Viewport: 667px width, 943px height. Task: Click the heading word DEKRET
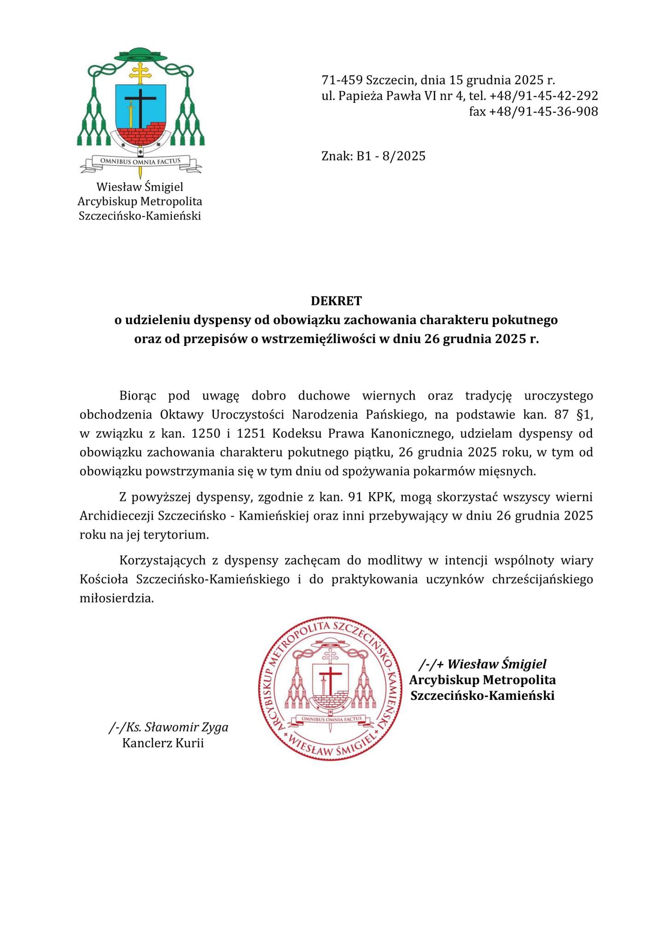pos(336,301)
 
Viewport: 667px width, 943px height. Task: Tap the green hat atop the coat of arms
pos(141,55)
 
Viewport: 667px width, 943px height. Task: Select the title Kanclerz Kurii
pos(163,743)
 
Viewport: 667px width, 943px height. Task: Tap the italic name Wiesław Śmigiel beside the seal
pos(497,664)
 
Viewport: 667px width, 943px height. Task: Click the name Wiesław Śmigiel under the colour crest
pos(140,187)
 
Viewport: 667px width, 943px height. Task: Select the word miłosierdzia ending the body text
pos(116,598)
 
